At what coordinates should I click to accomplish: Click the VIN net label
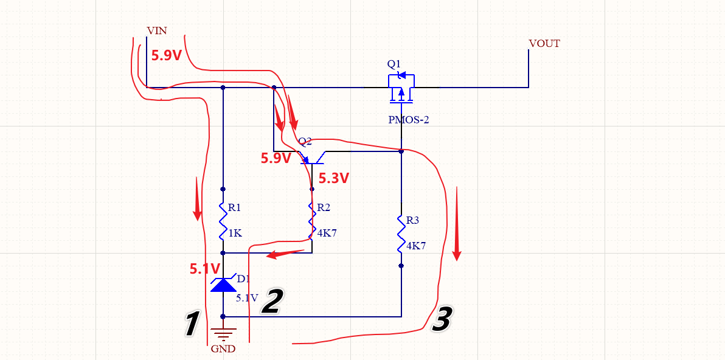(157, 30)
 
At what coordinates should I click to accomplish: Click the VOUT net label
(544, 44)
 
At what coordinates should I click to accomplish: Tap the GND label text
(223, 349)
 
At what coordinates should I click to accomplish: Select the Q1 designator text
(394, 64)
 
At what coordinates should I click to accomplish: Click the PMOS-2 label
(409, 120)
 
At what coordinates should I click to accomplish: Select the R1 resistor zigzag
(223, 220)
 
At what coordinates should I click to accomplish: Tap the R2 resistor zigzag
(312, 220)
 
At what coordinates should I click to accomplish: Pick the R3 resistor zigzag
(401, 233)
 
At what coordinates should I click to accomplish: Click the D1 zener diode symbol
(223, 285)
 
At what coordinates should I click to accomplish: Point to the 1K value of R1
(235, 233)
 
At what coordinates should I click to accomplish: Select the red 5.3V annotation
(334, 179)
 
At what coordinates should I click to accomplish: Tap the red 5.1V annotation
(206, 268)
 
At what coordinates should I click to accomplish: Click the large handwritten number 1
(192, 324)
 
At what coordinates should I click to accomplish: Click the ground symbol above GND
(223, 333)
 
